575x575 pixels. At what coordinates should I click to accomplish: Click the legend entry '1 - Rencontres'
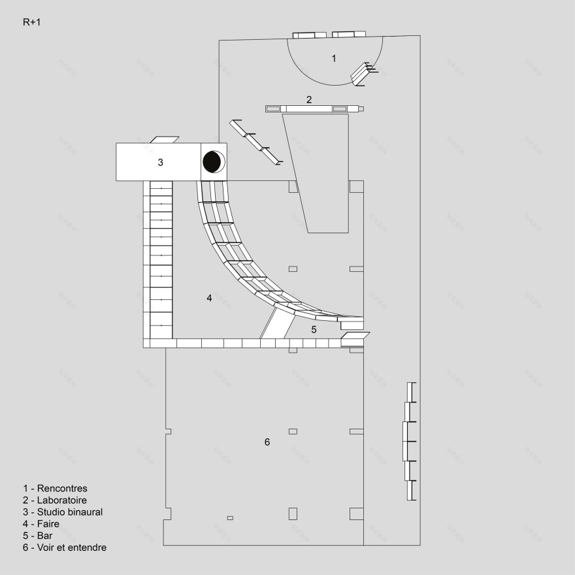pyautogui.click(x=55, y=488)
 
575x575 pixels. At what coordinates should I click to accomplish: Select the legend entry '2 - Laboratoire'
pyautogui.click(x=55, y=501)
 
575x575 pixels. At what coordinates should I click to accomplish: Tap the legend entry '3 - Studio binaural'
pyautogui.click(x=63, y=512)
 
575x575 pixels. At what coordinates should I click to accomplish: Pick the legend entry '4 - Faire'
pyautogui.click(x=46, y=524)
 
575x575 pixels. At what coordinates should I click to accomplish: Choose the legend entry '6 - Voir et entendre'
pyautogui.click(x=64, y=548)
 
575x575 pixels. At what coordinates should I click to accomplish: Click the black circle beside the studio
pyautogui.click(x=212, y=161)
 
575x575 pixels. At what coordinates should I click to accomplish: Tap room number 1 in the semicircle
pyautogui.click(x=334, y=59)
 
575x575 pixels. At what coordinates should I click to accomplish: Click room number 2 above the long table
pyautogui.click(x=309, y=100)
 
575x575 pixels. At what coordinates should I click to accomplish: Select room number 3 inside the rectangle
pyautogui.click(x=160, y=163)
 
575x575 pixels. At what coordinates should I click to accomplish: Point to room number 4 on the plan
pyautogui.click(x=209, y=298)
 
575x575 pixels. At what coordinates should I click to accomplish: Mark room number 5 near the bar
pyautogui.click(x=314, y=329)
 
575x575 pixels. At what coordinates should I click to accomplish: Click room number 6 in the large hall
pyautogui.click(x=267, y=442)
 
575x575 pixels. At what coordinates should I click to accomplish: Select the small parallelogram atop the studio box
pyautogui.click(x=164, y=139)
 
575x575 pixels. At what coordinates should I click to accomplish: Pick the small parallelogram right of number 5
pyautogui.click(x=355, y=338)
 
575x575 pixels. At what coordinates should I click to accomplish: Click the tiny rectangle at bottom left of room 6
pyautogui.click(x=230, y=518)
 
